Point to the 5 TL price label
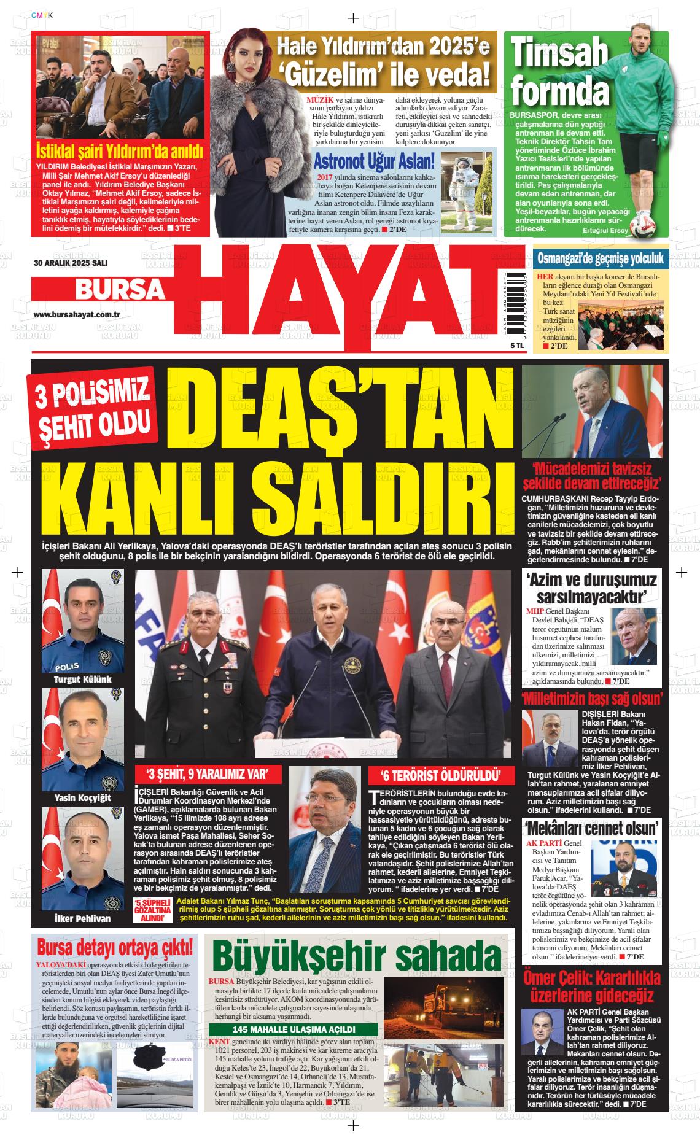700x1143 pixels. click(x=500, y=346)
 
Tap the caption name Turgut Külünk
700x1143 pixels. click(x=82, y=680)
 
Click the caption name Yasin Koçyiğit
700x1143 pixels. click(x=82, y=797)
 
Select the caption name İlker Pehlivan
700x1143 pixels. click(x=82, y=918)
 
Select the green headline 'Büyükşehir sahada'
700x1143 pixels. click(x=357, y=956)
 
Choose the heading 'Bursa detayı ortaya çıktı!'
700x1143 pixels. click(x=116, y=947)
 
